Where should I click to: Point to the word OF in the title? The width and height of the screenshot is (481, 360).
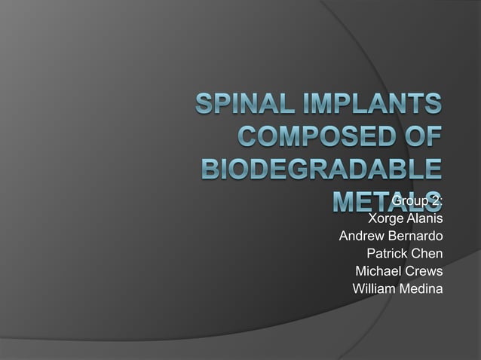[421, 138]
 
